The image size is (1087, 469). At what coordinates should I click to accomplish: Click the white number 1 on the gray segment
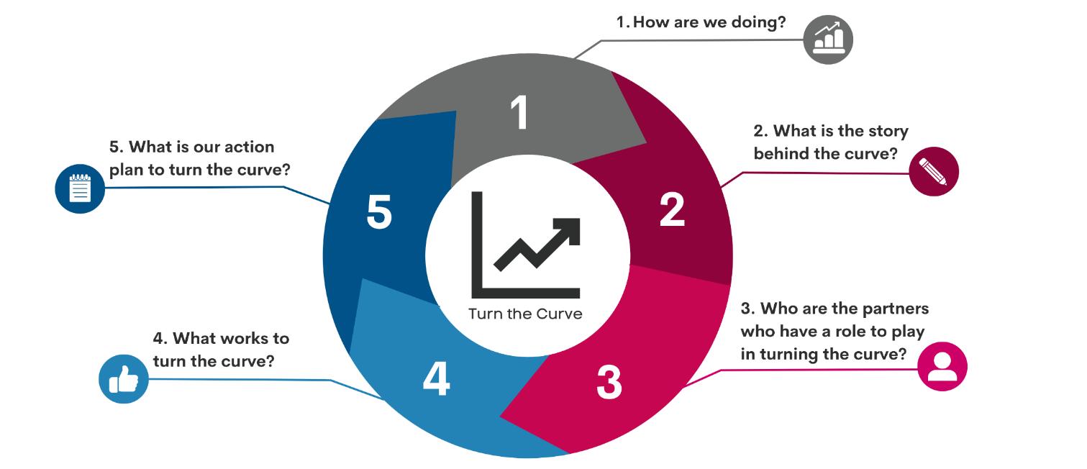point(519,114)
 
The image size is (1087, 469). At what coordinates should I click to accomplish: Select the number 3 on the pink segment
point(609,382)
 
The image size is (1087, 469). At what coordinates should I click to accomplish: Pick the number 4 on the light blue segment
point(436,378)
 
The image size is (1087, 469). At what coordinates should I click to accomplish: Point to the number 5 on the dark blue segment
point(379,212)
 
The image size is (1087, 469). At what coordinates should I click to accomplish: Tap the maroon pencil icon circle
point(934,171)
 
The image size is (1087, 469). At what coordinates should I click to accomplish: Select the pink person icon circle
point(942,366)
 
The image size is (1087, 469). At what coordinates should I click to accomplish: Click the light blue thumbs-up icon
point(123,378)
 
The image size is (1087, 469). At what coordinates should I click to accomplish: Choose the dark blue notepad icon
point(80,189)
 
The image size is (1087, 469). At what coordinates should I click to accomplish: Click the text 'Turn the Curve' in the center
point(525,314)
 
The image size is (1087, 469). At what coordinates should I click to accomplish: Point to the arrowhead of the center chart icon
point(568,229)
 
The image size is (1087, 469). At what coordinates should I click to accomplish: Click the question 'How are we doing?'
point(709,22)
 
